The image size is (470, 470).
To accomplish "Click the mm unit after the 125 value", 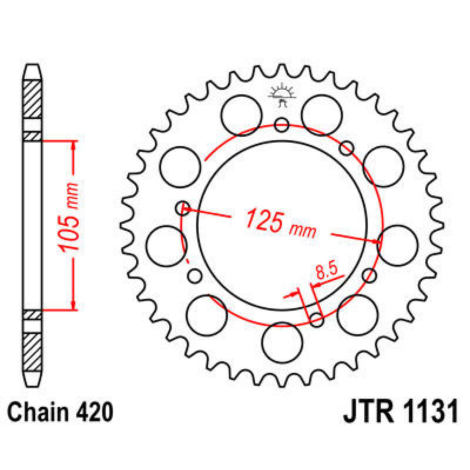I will [302, 231].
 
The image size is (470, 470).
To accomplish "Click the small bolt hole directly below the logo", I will [282, 125].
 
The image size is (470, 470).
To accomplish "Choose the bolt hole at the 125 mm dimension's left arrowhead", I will [183, 208].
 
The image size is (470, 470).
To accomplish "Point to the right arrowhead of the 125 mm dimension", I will [378, 242].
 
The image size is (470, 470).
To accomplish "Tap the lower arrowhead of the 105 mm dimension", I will [73, 305].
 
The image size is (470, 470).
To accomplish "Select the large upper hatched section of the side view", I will [33, 99].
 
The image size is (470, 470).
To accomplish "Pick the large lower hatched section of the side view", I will [33, 352].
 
